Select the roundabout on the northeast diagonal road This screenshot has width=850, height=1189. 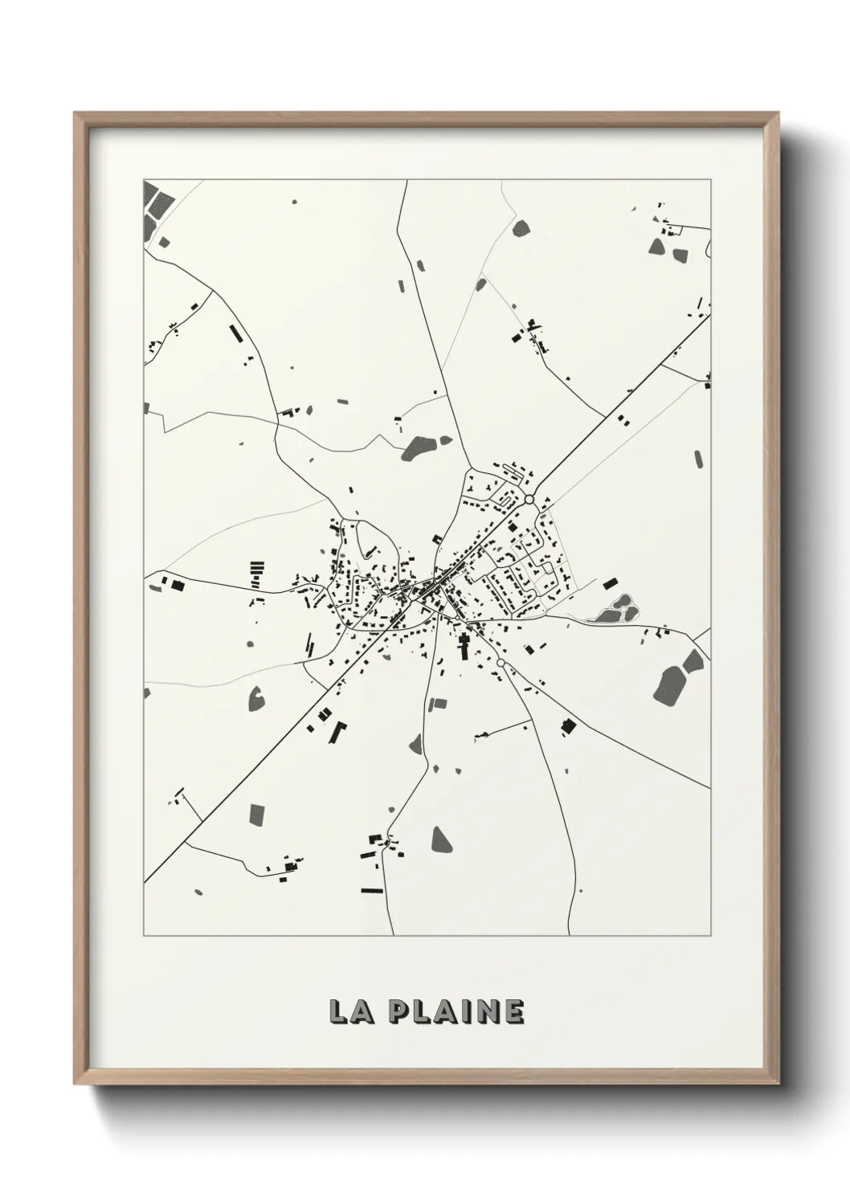click(x=529, y=500)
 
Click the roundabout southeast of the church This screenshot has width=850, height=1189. click(x=501, y=663)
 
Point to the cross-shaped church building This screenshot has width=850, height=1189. click(x=464, y=643)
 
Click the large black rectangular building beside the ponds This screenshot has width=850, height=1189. click(x=610, y=582)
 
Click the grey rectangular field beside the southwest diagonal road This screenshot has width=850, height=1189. click(x=257, y=814)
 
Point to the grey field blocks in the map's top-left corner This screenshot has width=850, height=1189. click(x=153, y=207)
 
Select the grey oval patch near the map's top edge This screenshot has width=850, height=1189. click(x=521, y=227)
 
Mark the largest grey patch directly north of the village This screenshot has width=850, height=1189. click(x=418, y=447)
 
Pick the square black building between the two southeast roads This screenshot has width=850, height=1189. click(x=569, y=726)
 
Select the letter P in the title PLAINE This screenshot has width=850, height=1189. click(x=399, y=1012)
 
